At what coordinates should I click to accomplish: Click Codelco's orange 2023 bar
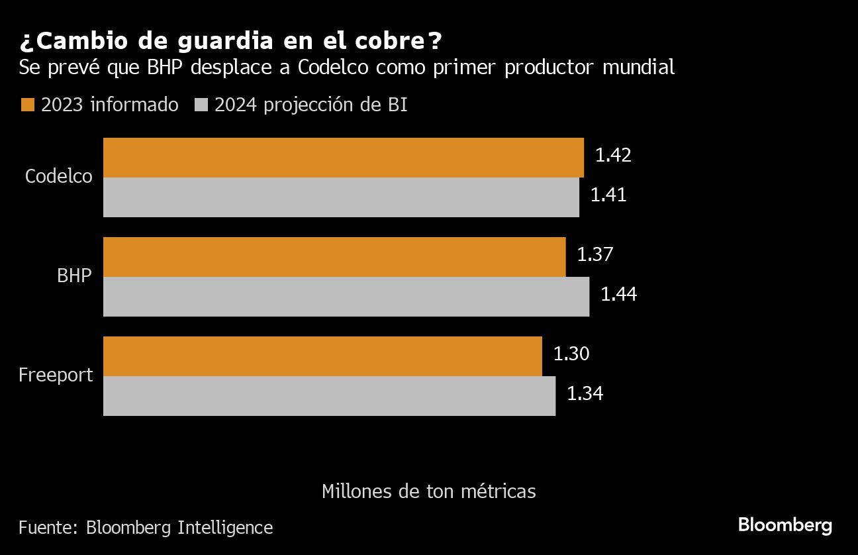pos(343,158)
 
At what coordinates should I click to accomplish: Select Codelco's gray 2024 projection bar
pos(341,197)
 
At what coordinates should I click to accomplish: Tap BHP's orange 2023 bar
pos(334,257)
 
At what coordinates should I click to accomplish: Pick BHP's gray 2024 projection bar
pos(346,297)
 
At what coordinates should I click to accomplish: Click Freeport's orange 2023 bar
pos(322,356)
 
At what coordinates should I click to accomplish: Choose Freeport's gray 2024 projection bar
pos(329,396)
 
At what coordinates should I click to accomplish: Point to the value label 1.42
pos(613,155)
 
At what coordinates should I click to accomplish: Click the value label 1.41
pos(608,195)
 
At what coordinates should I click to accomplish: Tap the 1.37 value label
pos(595,254)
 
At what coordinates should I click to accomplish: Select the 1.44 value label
pos(618,294)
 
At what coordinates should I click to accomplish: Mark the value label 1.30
pos(571,354)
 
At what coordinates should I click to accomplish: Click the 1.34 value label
pos(585,393)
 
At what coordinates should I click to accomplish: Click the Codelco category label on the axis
pos(59,176)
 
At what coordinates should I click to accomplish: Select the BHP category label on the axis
pos(74,276)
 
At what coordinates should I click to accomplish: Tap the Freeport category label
pos(56,375)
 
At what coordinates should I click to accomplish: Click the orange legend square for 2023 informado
pos(27,105)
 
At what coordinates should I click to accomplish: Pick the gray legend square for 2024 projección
pos(201,105)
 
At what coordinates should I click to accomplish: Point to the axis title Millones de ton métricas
pos(428,491)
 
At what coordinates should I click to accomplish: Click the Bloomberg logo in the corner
pos(785,526)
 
